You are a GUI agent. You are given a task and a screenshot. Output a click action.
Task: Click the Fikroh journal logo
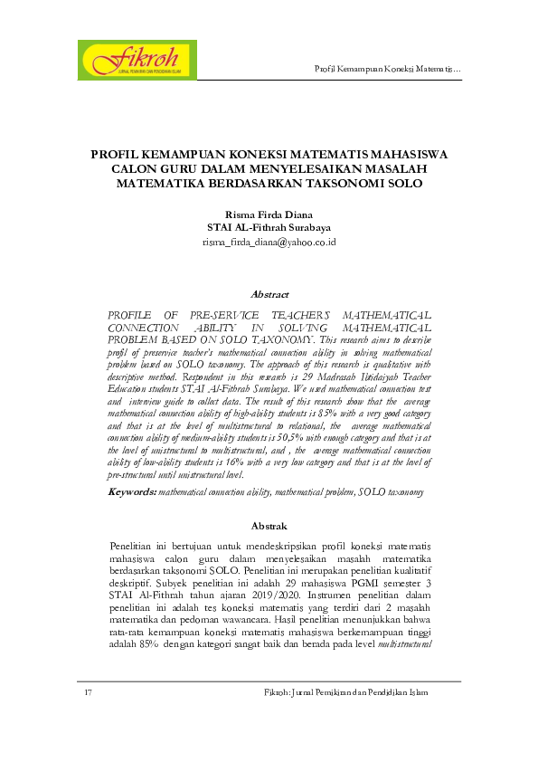tap(138, 59)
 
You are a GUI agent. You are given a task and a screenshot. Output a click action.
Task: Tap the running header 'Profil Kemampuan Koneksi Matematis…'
tap(387, 70)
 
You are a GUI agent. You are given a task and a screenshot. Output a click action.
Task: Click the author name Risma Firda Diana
tap(269, 214)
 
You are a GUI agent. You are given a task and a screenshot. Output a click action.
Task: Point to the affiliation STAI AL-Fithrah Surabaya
tap(269, 228)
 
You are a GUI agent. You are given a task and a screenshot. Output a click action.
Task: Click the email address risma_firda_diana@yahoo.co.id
tap(269, 243)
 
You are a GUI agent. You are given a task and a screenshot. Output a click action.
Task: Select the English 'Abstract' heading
tap(269, 294)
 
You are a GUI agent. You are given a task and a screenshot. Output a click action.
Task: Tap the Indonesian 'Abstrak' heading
tap(269, 526)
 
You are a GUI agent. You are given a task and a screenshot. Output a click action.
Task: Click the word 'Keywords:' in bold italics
tap(132, 491)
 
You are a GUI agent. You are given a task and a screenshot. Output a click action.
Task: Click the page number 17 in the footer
tap(88, 692)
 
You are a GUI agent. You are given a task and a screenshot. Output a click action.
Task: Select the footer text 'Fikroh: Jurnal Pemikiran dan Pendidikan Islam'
tap(343, 692)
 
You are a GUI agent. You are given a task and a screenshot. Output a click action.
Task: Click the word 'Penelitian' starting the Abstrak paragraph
tap(132, 547)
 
